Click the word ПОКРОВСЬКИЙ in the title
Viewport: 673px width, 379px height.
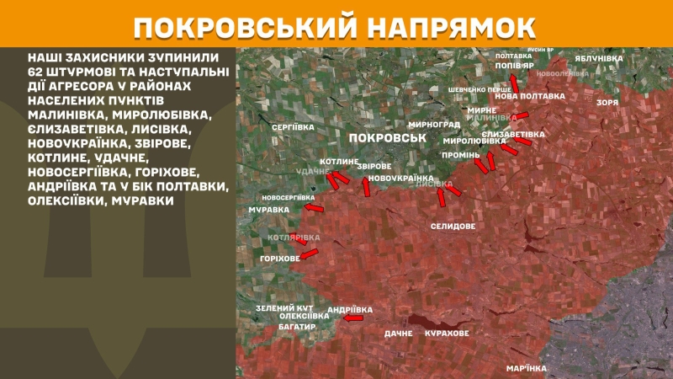[x=237, y=26]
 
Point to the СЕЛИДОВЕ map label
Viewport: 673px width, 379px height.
[x=453, y=227]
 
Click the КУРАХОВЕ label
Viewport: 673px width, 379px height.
[x=447, y=334]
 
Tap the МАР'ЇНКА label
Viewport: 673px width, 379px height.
[x=526, y=369]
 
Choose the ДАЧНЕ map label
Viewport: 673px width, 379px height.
[x=399, y=334]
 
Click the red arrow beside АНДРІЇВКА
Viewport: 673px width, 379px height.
[x=353, y=318]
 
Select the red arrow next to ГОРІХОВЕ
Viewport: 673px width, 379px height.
[x=309, y=253]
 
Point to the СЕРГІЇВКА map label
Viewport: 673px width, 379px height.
[x=293, y=126]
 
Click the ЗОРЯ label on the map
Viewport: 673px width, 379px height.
[x=607, y=102]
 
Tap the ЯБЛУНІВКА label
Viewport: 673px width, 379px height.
[x=599, y=58]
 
